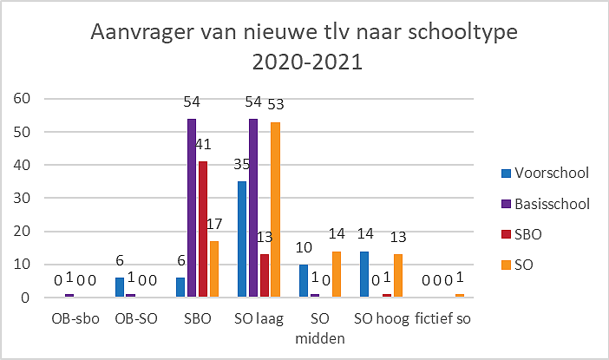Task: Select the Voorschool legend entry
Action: [x=545, y=173]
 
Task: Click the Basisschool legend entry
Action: [x=546, y=204]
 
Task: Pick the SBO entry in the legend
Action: [x=521, y=234]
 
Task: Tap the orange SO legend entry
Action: [x=517, y=265]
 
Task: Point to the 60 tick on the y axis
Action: [x=22, y=99]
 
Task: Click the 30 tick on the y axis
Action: [x=22, y=198]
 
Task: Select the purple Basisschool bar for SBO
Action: [x=192, y=208]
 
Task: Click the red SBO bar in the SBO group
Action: [x=203, y=229]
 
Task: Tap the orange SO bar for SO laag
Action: [x=275, y=210]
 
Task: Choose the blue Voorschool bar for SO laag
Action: [x=242, y=239]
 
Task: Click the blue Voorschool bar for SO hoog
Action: [x=364, y=274]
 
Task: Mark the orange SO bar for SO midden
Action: [x=337, y=274]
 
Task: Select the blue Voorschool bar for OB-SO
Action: [x=120, y=287]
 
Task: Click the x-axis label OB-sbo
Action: [x=75, y=319]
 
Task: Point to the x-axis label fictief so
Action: [x=442, y=318]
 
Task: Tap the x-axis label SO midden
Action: [x=320, y=329]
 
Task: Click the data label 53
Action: [x=276, y=104]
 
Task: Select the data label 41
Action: [x=203, y=145]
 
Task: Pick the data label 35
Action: [x=241, y=165]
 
